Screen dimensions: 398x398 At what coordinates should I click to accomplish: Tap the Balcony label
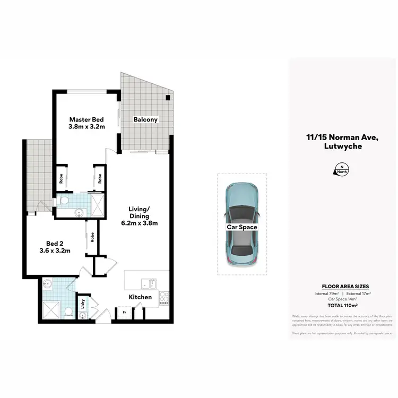[x=145, y=119]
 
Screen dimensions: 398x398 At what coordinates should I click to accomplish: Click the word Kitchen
[x=140, y=297]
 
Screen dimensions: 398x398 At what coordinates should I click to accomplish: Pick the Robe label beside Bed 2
[x=92, y=237]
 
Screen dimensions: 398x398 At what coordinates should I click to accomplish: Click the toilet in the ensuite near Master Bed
[x=63, y=201]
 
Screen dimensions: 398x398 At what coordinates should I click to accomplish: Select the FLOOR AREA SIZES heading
[x=342, y=286]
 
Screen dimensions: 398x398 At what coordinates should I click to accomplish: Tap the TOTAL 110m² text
[x=342, y=306]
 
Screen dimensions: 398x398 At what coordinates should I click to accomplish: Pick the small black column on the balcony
[x=168, y=98]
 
